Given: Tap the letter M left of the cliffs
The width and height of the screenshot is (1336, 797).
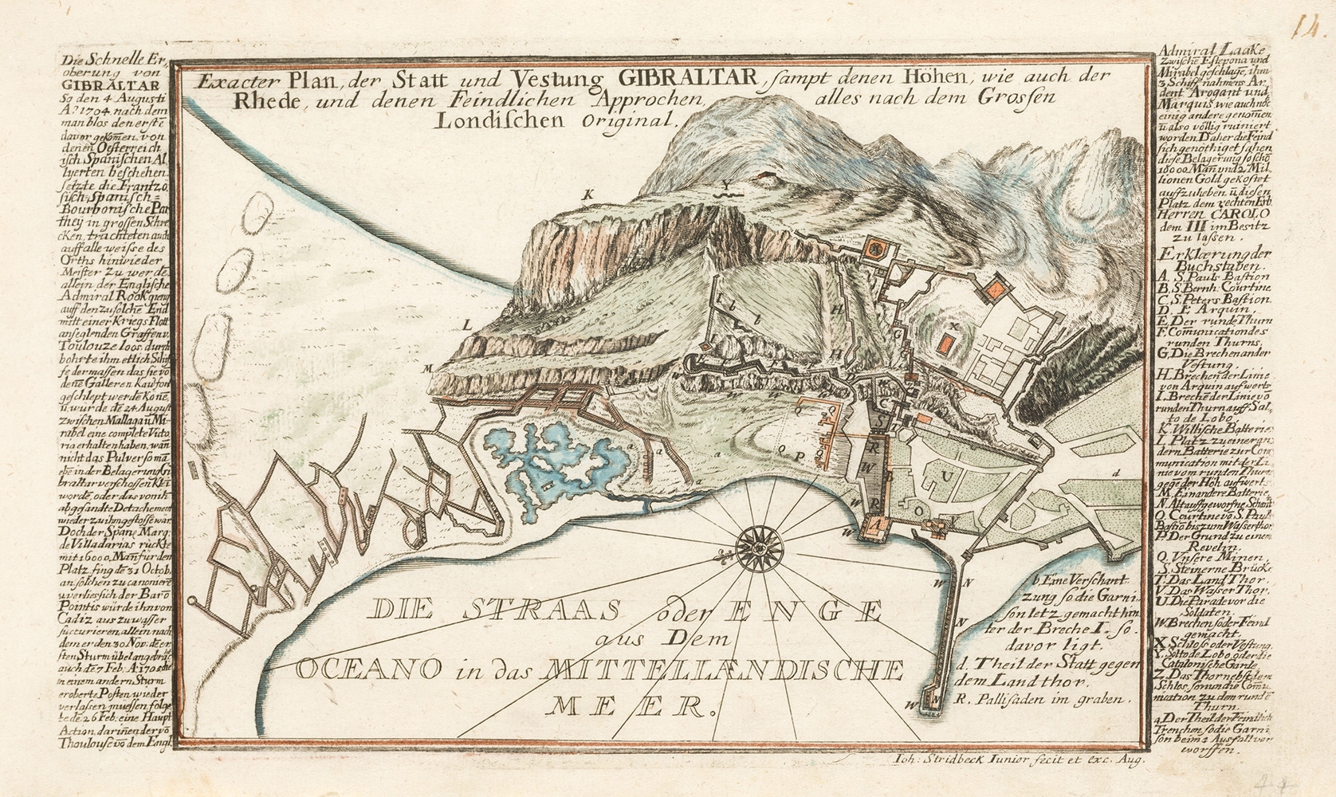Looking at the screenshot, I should [427, 367].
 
